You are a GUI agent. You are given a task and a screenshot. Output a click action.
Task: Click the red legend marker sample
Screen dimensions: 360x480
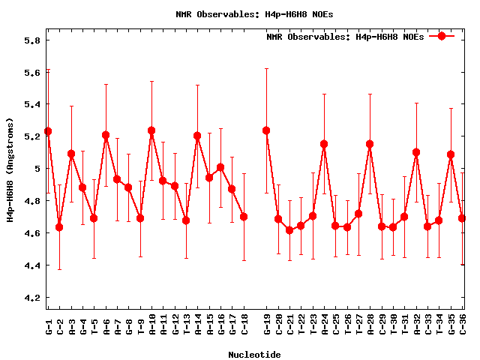click(442, 36)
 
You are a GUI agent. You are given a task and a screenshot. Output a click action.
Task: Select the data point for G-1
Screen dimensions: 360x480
click(48, 131)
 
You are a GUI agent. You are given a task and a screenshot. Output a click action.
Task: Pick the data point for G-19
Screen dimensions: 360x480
click(266, 130)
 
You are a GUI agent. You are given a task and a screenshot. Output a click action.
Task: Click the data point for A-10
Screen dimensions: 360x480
click(151, 130)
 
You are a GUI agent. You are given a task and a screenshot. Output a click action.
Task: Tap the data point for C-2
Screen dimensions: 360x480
click(59, 227)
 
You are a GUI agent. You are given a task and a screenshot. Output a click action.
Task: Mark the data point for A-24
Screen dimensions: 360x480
click(324, 144)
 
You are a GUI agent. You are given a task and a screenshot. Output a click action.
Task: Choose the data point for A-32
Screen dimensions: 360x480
click(416, 152)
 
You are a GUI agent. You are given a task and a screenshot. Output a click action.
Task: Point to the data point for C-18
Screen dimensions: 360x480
click(244, 217)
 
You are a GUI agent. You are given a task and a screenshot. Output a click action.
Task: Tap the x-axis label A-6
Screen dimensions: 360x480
click(106, 325)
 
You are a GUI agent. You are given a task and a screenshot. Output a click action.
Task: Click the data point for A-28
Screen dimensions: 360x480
click(370, 144)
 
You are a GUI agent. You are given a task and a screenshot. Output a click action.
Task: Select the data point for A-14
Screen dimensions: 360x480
click(197, 136)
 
